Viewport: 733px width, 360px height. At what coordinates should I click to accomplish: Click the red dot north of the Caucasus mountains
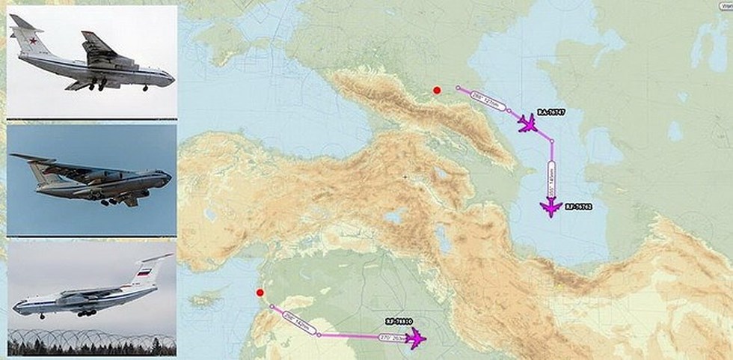click(436, 91)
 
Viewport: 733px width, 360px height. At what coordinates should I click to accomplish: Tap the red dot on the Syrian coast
click(260, 293)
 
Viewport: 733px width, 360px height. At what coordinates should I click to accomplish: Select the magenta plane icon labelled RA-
click(528, 123)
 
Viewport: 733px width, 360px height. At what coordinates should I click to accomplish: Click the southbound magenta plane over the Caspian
click(552, 208)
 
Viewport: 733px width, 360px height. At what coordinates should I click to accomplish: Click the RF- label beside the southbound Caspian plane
click(578, 206)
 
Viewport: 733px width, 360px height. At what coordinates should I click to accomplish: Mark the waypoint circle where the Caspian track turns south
click(552, 140)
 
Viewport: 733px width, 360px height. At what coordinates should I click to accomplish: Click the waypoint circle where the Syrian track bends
click(319, 335)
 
